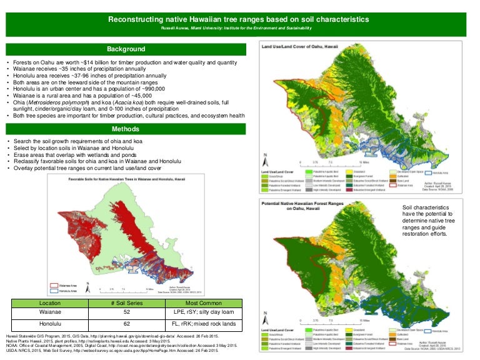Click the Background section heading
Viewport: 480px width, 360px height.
click(x=126, y=49)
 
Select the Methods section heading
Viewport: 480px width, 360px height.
click(x=126, y=129)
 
